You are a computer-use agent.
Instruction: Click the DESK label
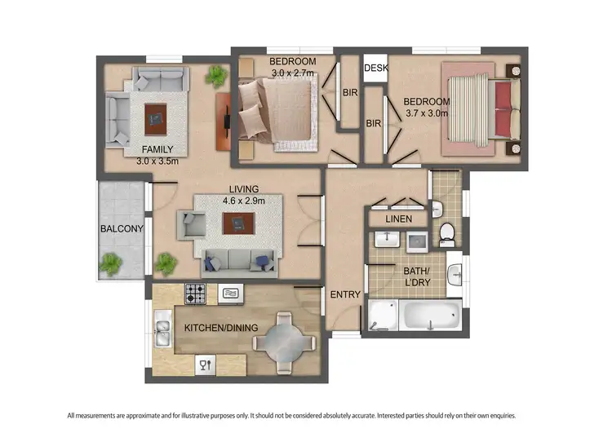(x=376, y=68)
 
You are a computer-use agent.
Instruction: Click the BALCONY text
(x=122, y=229)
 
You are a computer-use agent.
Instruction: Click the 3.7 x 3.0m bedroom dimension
(x=427, y=113)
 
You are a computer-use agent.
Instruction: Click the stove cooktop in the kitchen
(x=195, y=294)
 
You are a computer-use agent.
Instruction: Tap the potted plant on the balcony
(x=111, y=263)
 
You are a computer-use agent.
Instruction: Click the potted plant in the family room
(x=216, y=77)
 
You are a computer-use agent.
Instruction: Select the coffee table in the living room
(x=238, y=223)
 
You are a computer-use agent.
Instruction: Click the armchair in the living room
(x=193, y=223)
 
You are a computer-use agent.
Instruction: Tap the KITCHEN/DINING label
(x=221, y=328)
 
